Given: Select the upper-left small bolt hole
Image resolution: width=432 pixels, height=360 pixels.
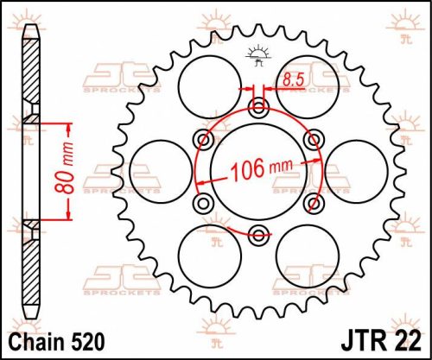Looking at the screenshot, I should [205, 139].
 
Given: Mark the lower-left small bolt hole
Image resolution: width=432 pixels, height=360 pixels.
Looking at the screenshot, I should [205, 201].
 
